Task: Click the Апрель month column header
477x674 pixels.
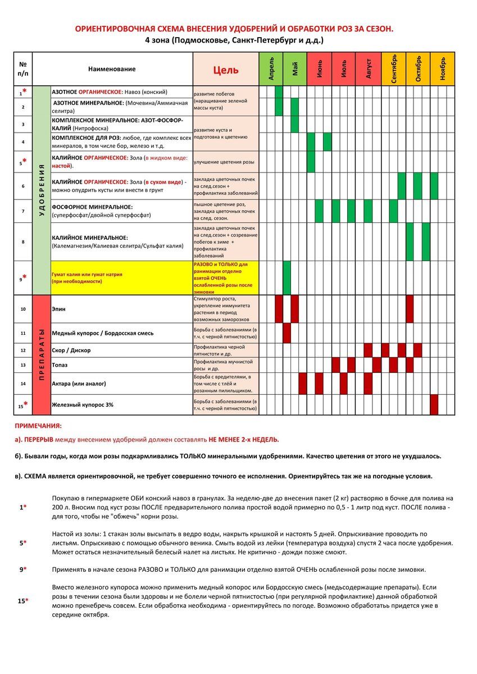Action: pyautogui.click(x=271, y=69)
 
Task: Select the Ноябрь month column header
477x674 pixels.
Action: pyautogui.click(x=442, y=69)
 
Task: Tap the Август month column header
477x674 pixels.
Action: pyautogui.click(x=369, y=69)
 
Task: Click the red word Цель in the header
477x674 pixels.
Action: pyautogui.click(x=225, y=70)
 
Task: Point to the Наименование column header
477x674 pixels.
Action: pyautogui.click(x=112, y=69)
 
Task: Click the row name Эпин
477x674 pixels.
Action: pyautogui.click(x=58, y=309)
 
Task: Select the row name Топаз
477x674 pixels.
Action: pyautogui.click(x=60, y=365)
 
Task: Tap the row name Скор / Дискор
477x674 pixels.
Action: pyautogui.click(x=71, y=350)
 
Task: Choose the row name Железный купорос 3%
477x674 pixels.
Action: pyautogui.click(x=82, y=404)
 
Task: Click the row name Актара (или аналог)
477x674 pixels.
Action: pyautogui.click(x=79, y=384)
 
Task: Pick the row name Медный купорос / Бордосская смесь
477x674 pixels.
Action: pyautogui.click(x=102, y=333)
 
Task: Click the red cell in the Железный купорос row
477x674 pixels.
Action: pyautogui.click(x=434, y=404)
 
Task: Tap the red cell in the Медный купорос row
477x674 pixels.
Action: pyautogui.click(x=287, y=333)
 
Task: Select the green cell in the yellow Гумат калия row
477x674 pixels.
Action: pyautogui.click(x=287, y=277)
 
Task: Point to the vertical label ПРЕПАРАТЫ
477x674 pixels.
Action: pyautogui.click(x=42, y=355)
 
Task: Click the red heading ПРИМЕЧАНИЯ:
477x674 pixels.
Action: pyautogui.click(x=38, y=426)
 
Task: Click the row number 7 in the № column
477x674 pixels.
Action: pyautogui.click(x=23, y=211)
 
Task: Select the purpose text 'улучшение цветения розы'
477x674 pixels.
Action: pyautogui.click(x=224, y=162)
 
